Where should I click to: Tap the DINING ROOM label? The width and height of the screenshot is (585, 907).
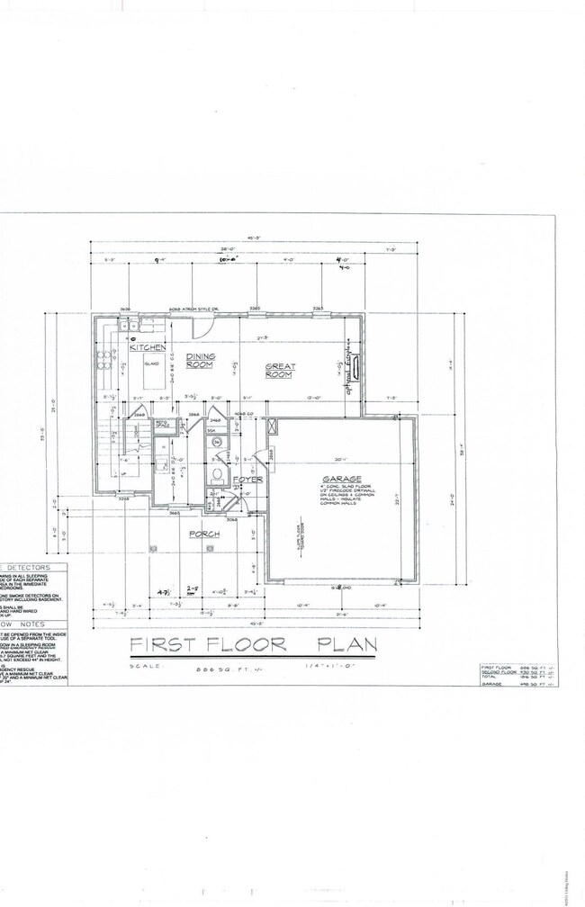click(x=200, y=361)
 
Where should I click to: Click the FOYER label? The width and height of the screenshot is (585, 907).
click(x=247, y=480)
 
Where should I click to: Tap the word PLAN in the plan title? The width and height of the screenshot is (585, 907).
click(x=345, y=644)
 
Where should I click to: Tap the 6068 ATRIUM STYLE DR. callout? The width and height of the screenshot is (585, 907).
click(x=194, y=309)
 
